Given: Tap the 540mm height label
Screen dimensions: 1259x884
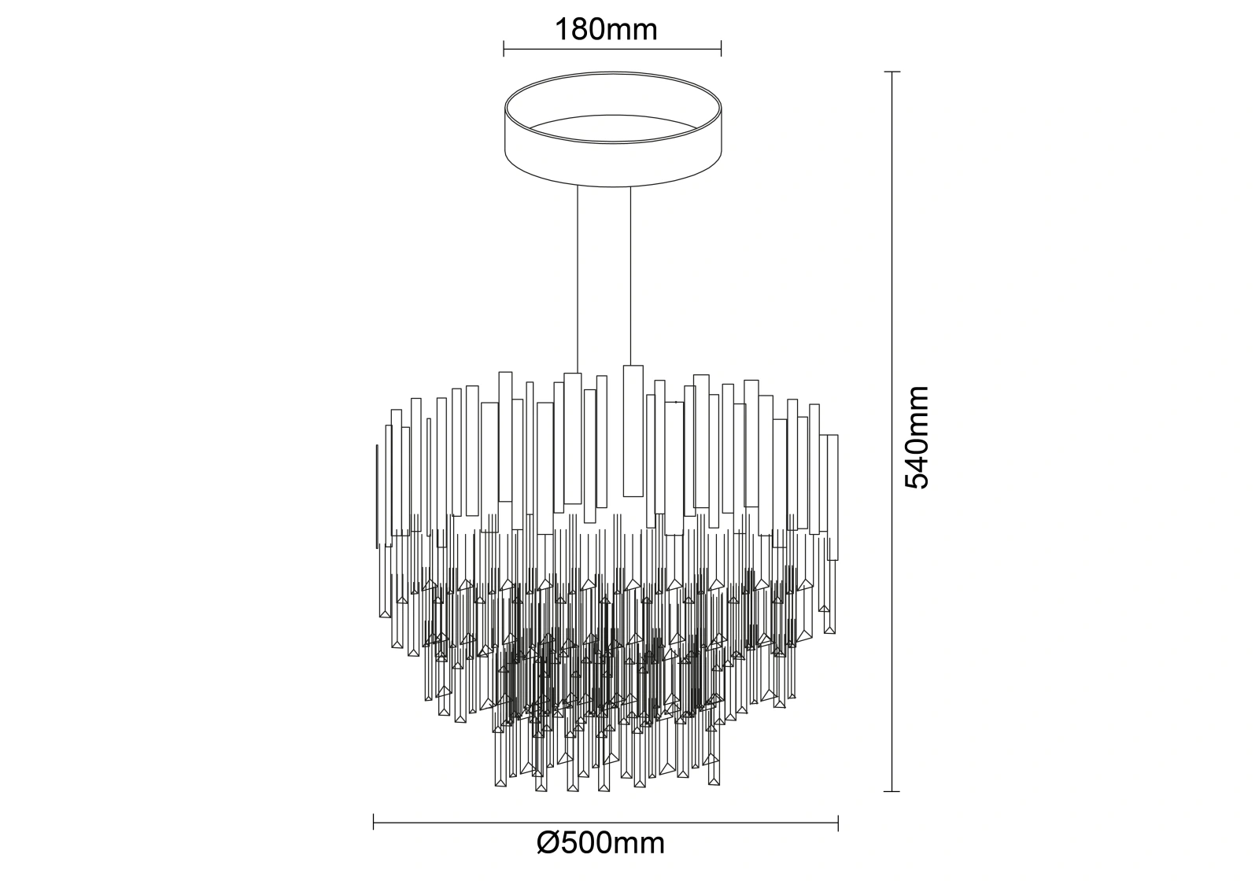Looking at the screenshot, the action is [917, 437].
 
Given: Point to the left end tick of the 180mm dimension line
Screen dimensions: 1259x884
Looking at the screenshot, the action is [504, 49].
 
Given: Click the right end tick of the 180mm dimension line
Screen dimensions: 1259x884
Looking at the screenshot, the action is [721, 49].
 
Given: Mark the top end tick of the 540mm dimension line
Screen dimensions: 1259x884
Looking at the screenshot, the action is [892, 72].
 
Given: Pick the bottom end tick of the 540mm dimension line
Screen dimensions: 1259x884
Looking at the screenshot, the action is [892, 791].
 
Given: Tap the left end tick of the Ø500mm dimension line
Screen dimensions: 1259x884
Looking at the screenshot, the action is [374, 823].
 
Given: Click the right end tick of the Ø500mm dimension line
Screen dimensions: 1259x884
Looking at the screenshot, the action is [838, 823].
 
